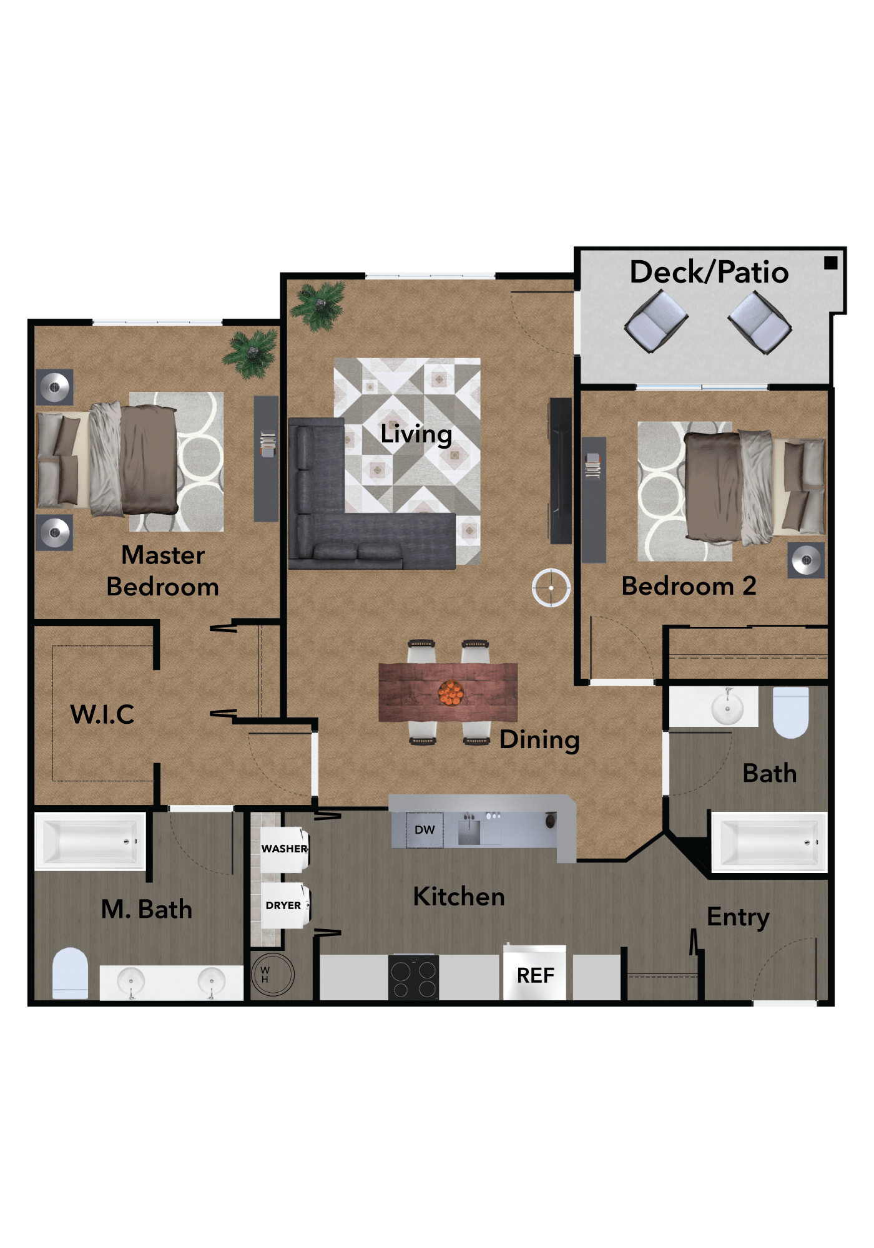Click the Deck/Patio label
pos(709,272)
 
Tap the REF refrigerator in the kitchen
pos(535,973)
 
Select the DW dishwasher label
pos(425,830)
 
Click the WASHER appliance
pos(285,849)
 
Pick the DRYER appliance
pos(285,905)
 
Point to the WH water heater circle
pos(272,974)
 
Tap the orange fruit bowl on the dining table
pos(450,693)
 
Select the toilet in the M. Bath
pos(70,973)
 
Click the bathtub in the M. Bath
pos(90,841)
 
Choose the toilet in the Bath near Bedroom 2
pos(791,712)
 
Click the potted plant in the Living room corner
pos(319,305)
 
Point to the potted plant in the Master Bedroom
pos(251,354)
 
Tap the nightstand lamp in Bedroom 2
pos(806,560)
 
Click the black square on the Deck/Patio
pos(830,263)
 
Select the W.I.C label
pos(102,714)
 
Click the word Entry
pos(738,918)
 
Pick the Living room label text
pos(416,434)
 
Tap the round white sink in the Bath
pos(727,708)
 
